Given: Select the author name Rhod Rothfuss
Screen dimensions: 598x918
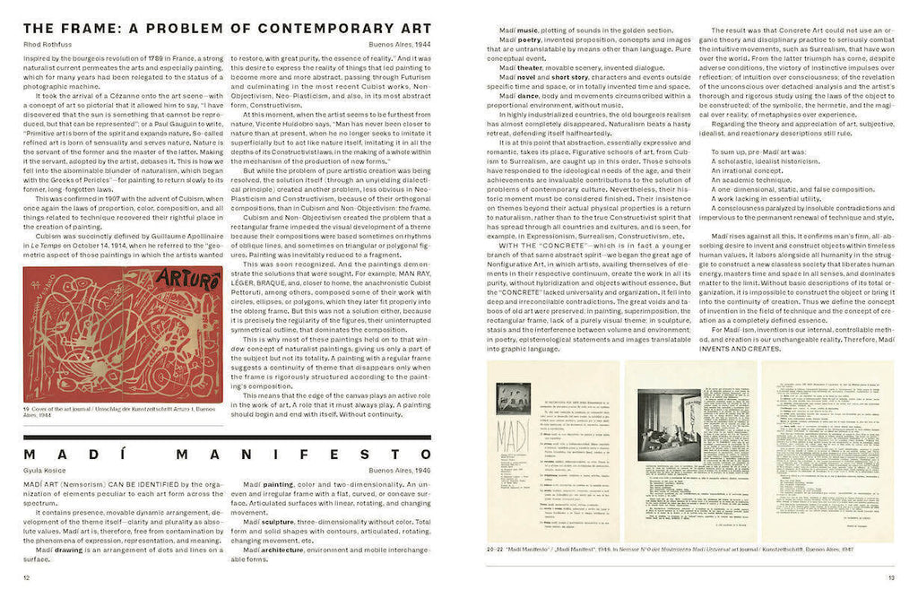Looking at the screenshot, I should coord(46,44).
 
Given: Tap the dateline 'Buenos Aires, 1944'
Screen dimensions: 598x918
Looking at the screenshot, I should coord(400,44).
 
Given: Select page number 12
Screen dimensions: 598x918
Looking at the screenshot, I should coord(26,578).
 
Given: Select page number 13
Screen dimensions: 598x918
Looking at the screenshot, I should coord(891,578).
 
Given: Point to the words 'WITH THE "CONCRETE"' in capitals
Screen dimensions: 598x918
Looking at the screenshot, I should coord(539,246).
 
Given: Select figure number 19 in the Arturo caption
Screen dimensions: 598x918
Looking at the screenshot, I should coord(26,409).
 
